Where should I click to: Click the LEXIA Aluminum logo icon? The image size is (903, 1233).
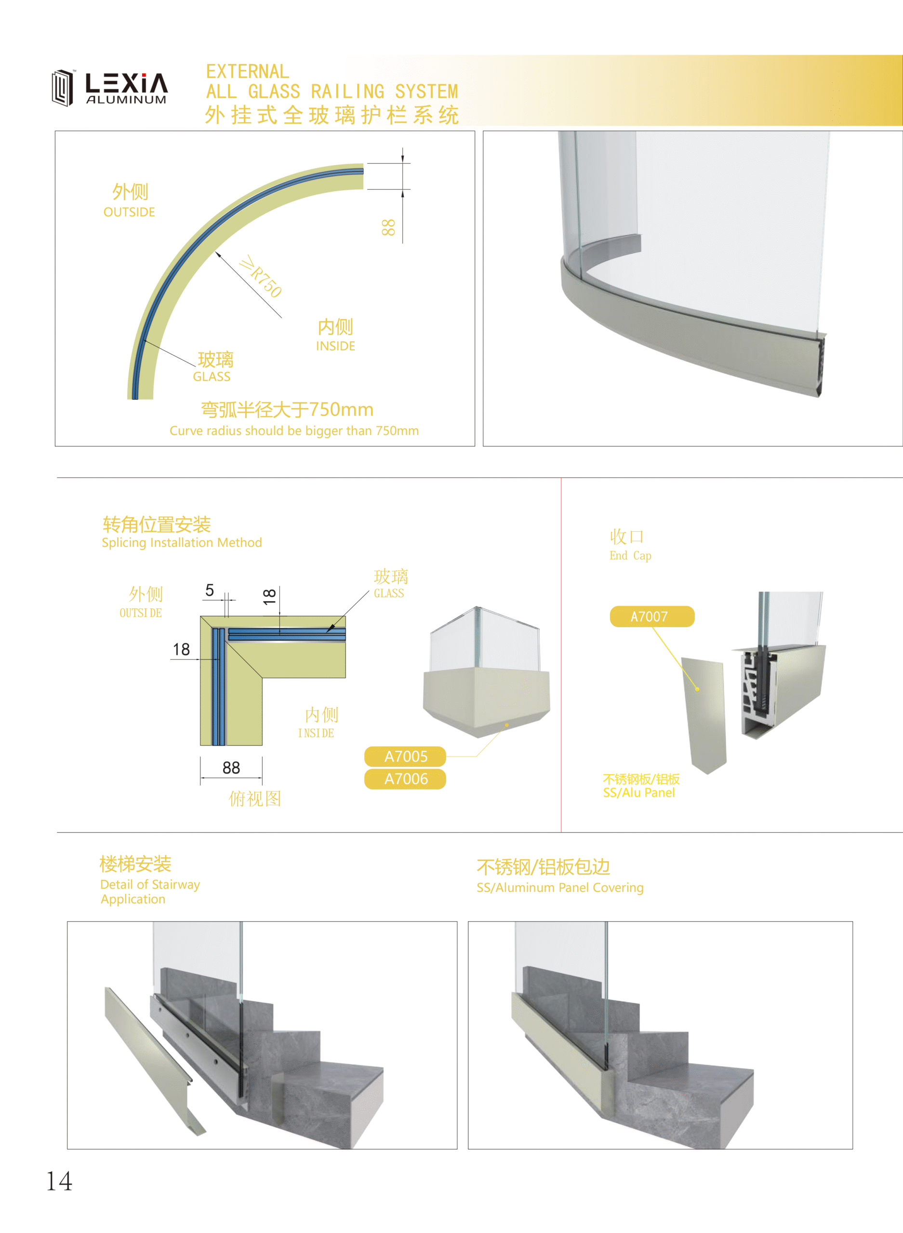63,87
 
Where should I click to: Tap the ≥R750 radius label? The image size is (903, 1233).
261,276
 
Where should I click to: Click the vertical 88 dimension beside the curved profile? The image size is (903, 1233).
387,227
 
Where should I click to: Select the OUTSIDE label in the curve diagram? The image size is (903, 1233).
130,212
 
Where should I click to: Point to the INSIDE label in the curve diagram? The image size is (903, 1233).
336,346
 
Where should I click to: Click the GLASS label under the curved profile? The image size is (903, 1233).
212,376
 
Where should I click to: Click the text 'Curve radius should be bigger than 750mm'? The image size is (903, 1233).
294,431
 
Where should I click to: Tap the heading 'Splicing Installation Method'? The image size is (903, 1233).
182,542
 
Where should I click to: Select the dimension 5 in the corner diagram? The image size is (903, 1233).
209,590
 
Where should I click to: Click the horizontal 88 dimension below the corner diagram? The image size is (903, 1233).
231,768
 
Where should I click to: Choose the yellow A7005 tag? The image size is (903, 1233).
405,757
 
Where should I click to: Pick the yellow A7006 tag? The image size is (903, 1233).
405,779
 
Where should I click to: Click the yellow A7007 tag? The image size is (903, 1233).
652,616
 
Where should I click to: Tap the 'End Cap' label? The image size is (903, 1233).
630,556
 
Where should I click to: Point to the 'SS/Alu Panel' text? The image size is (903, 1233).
639,793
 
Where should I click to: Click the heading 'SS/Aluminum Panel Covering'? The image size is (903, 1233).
560,888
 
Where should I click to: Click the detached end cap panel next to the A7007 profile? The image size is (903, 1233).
704,716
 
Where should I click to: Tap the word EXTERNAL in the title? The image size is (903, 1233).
248,72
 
